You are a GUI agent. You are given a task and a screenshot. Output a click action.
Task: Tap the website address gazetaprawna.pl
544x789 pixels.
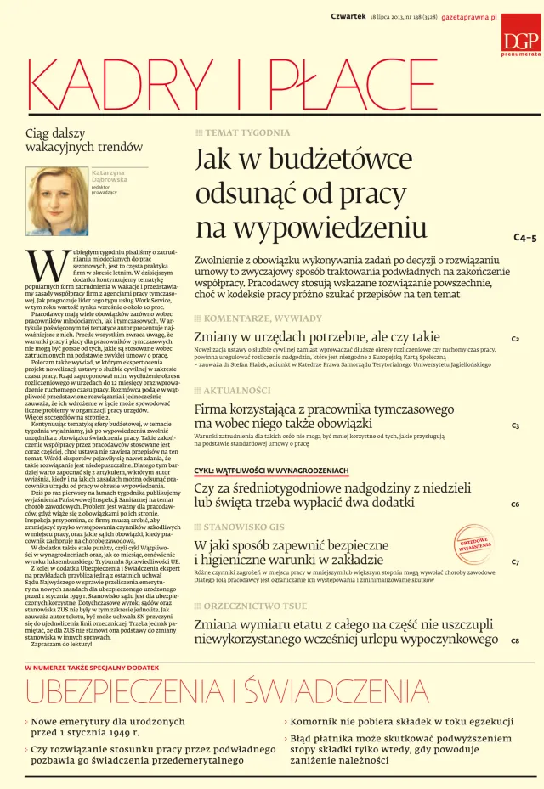(x=467, y=16)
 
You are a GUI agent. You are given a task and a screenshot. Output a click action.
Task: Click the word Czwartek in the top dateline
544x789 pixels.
(x=348, y=16)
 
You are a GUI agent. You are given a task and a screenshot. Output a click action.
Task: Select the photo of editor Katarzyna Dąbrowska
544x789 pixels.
(x=59, y=201)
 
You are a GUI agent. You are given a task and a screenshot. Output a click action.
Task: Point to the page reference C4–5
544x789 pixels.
(x=525, y=239)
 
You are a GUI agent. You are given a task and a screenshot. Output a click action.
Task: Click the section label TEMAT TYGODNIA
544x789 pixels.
(x=247, y=133)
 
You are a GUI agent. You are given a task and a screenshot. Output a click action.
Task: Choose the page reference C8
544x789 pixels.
(x=515, y=640)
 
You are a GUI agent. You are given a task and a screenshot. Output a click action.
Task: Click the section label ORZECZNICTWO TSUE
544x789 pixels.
(x=254, y=606)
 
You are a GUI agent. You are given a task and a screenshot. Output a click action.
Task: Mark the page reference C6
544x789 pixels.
(x=515, y=504)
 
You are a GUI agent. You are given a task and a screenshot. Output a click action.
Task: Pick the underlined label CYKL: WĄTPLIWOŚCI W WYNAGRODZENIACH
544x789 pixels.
(x=271, y=470)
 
